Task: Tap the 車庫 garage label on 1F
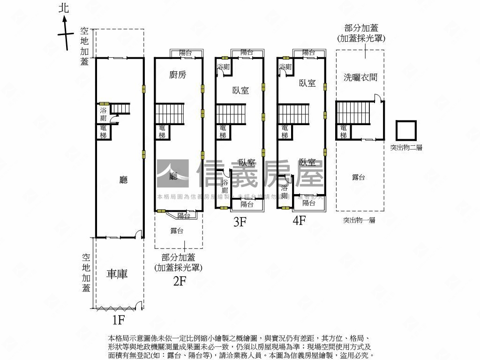pos(117,274)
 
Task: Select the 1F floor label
pos(118,320)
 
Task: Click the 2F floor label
pos(180,281)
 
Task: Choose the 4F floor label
pos(299,220)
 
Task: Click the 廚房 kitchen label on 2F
pos(178,75)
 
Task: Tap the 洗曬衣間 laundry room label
pos(360,78)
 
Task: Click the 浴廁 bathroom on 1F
pos(103,114)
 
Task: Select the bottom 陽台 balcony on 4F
pos(309,203)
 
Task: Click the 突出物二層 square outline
pos(406,131)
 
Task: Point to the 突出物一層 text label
pos(359,220)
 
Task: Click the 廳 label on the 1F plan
pos(123,180)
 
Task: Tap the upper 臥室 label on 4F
pos(307,83)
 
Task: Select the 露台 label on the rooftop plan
pos(359,177)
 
